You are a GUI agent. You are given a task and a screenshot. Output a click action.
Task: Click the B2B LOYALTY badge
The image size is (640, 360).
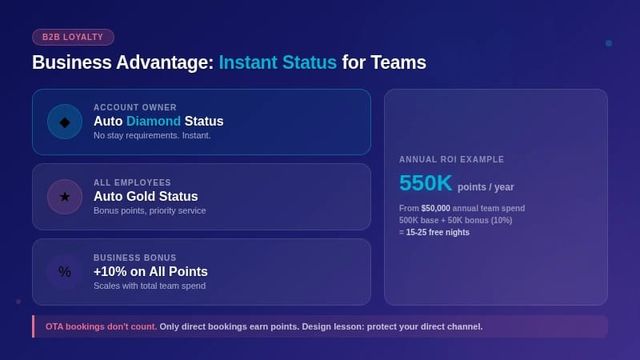73,37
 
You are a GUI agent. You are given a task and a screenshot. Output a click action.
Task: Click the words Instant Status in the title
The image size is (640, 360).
277,63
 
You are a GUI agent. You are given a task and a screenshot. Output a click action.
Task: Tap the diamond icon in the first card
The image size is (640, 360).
65,122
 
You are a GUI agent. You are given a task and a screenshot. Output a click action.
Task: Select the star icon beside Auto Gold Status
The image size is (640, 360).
65,197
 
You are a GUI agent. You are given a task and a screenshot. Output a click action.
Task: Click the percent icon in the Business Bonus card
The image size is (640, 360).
65,272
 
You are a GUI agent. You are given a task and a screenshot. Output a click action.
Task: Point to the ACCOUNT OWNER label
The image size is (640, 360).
135,107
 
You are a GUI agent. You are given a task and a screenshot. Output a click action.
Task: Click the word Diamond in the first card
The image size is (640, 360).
153,121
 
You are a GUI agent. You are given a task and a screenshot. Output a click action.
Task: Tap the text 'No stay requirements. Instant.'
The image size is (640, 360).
152,136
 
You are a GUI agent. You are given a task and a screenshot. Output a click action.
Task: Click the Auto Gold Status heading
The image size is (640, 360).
145,197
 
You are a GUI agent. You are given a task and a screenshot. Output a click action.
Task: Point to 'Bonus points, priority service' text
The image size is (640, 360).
149,211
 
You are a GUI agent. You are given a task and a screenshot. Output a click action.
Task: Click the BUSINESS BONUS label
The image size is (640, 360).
135,258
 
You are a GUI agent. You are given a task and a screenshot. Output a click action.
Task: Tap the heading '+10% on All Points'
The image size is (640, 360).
150,272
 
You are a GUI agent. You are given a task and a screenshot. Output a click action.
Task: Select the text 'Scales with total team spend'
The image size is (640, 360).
149,286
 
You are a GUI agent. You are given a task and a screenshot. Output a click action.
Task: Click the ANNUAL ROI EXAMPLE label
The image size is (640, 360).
451,160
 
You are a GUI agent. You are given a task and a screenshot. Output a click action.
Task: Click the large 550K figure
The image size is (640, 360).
426,184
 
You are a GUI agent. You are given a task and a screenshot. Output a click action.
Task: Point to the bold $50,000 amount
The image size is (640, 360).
435,208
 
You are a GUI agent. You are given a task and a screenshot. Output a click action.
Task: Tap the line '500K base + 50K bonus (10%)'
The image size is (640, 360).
455,220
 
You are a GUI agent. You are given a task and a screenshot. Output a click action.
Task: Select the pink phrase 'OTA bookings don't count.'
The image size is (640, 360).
100,326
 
